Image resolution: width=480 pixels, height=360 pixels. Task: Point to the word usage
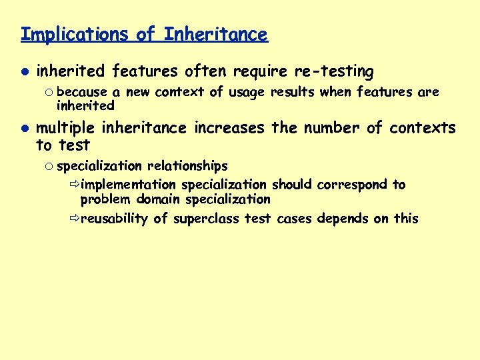[247, 92]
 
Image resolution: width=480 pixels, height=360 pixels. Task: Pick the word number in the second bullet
[330, 128]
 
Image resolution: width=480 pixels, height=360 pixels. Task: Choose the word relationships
[187, 166]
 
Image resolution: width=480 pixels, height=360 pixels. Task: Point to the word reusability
[113, 219]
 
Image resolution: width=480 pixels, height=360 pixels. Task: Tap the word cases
[294, 219]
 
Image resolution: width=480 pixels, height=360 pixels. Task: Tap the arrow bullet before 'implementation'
[73, 185]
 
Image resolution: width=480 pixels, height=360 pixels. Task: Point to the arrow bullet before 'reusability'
[73, 219]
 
